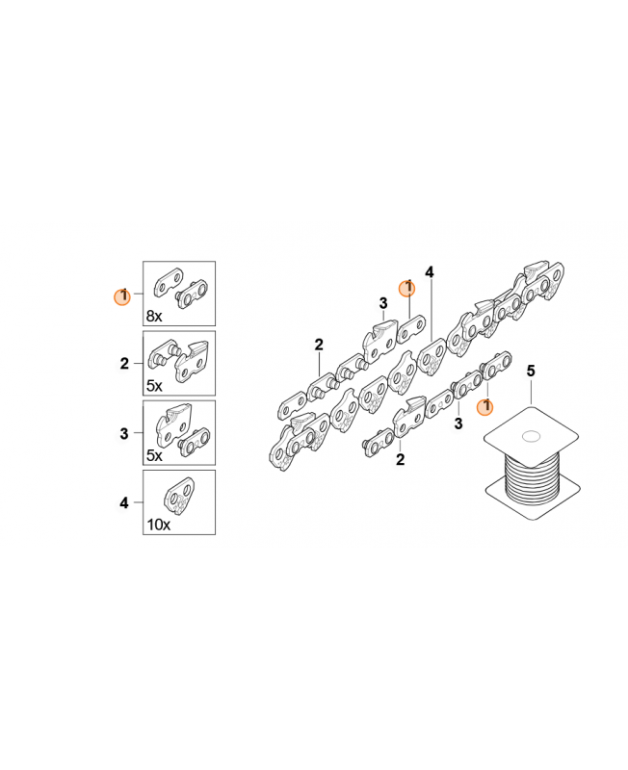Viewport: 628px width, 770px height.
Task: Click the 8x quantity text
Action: coord(154,317)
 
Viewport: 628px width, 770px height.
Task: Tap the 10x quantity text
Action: coord(158,525)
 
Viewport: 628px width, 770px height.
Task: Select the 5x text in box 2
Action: coord(154,386)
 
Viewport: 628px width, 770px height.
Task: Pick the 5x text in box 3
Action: coord(154,455)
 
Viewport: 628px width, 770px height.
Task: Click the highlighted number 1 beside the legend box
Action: coord(122,296)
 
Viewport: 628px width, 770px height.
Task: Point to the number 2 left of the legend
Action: coord(124,364)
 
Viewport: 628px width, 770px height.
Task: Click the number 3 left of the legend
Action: coord(124,434)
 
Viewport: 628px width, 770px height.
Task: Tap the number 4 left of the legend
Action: coord(124,502)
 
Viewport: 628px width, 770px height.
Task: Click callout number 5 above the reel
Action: coord(531,371)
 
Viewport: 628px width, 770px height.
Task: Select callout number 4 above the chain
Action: coord(430,272)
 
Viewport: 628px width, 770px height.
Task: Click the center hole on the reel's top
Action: coord(531,436)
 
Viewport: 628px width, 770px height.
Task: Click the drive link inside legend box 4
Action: coord(179,497)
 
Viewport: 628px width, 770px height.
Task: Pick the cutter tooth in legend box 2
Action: coord(193,362)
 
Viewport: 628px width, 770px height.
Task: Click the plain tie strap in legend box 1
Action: coord(168,282)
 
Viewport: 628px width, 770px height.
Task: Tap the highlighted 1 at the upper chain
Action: coord(406,289)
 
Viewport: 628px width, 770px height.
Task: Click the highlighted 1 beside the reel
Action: coord(485,406)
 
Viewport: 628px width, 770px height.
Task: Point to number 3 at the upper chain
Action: coord(383,303)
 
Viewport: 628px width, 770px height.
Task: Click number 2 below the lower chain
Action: coord(401,460)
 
